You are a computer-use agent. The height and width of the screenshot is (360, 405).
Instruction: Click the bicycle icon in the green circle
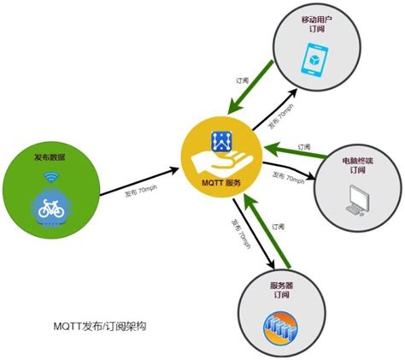click(48, 208)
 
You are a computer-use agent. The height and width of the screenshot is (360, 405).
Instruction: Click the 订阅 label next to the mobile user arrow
click(243, 80)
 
